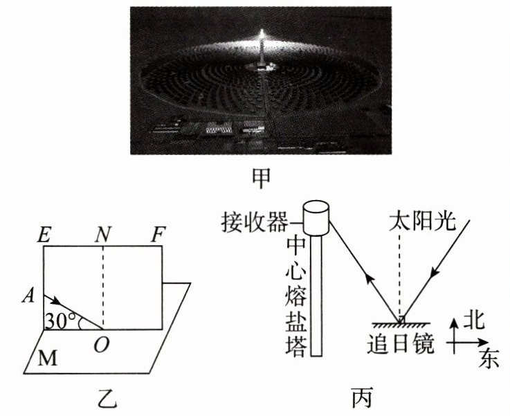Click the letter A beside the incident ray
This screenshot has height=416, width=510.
(x=28, y=296)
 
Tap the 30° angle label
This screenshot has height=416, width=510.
(x=61, y=321)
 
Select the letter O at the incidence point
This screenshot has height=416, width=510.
(x=101, y=344)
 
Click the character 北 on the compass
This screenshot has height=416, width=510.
(x=473, y=320)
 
